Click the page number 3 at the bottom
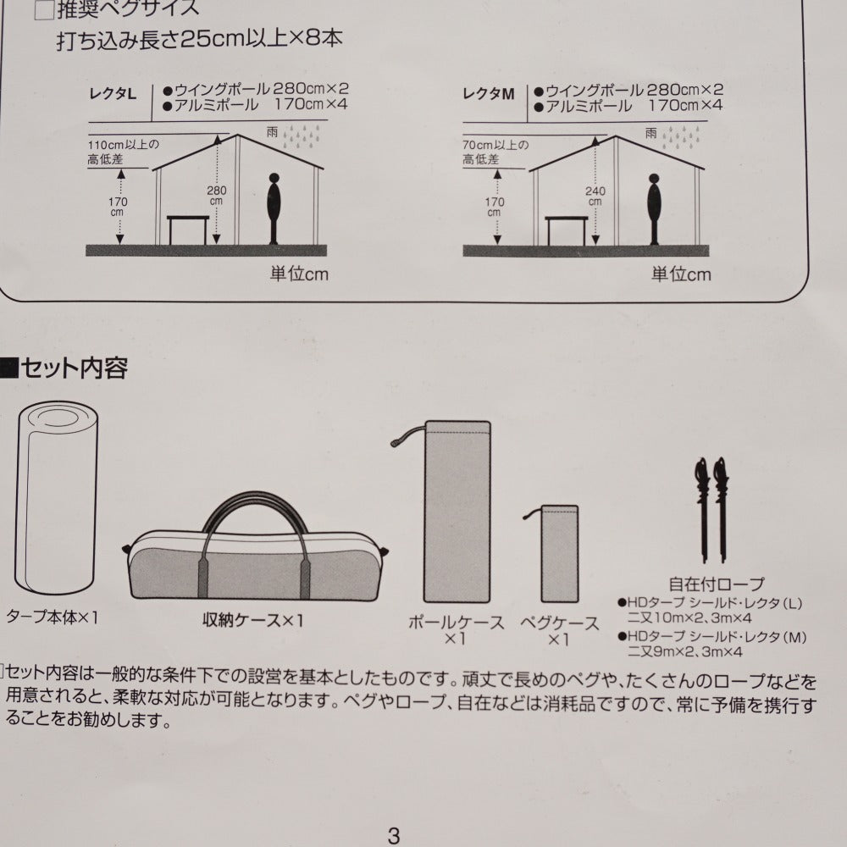(x=394, y=835)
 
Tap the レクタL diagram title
(x=113, y=95)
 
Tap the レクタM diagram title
(x=489, y=95)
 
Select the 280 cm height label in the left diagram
(x=216, y=196)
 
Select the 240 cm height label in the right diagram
(x=595, y=197)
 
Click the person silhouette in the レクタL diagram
(x=274, y=208)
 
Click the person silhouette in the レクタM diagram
(x=654, y=209)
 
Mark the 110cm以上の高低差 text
(x=123, y=152)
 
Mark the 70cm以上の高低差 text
(x=495, y=152)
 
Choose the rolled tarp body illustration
(x=56, y=497)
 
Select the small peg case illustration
(x=559, y=554)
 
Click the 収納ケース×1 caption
(x=252, y=620)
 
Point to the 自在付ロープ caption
(x=717, y=584)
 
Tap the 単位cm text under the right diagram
(x=681, y=274)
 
